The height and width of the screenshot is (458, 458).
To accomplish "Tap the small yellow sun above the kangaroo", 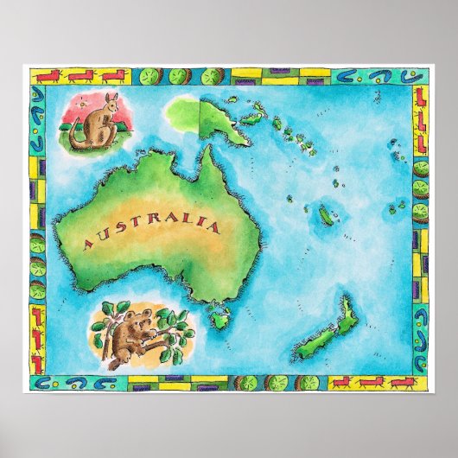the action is pyautogui.click(x=83, y=103).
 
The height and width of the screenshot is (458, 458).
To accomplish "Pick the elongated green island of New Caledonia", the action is pyautogui.click(x=326, y=215).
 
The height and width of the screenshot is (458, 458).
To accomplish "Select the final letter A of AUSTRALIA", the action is pyautogui.click(x=213, y=226).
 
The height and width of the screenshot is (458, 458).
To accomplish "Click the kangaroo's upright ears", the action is pyautogui.click(x=111, y=96).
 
